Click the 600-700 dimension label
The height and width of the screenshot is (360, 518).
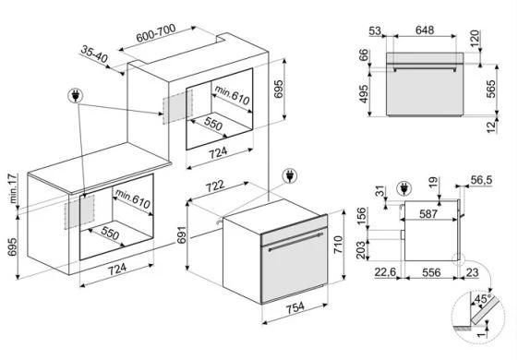[156, 33]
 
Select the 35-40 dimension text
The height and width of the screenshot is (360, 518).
[94, 54]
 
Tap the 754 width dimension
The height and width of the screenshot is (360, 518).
[295, 307]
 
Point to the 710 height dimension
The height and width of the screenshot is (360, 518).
[338, 245]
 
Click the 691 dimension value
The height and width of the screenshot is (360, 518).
[181, 234]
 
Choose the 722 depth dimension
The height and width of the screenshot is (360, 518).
[215, 186]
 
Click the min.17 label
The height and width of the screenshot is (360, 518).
[13, 188]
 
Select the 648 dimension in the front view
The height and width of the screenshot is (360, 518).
[425, 30]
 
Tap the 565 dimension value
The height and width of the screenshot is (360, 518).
[491, 89]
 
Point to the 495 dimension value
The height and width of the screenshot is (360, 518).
[364, 94]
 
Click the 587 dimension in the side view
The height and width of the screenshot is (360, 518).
[428, 213]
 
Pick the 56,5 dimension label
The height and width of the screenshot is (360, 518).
[481, 180]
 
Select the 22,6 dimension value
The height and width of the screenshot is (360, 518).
[385, 272]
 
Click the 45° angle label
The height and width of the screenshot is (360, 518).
[483, 299]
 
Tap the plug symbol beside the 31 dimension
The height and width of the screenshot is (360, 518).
[404, 188]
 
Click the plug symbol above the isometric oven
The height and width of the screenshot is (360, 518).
[290, 176]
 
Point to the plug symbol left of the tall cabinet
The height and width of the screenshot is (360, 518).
[76, 95]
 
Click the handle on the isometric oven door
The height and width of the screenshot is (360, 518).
[295, 242]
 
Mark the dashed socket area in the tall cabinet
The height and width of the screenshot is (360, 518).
[177, 107]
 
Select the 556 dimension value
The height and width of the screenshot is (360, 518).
[431, 272]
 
